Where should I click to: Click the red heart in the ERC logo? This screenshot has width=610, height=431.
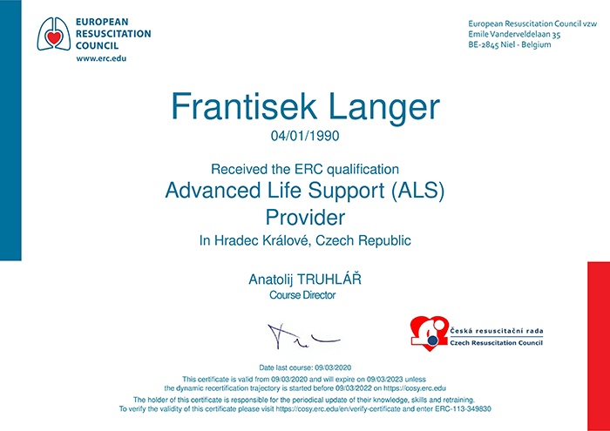[54, 37]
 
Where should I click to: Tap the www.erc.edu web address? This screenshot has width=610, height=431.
[101, 59]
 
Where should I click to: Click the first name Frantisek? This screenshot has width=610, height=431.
[243, 106]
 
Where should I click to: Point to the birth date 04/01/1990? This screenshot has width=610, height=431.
[305, 136]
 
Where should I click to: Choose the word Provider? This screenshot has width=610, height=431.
[305, 218]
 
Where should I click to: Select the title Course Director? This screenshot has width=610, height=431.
[302, 295]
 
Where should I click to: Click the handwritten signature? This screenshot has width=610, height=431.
[303, 335]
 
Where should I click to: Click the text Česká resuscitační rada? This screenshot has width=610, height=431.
[497, 332]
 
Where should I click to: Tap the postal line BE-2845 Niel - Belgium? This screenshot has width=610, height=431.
[510, 44]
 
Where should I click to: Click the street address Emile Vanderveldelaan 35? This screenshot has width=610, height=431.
[514, 34]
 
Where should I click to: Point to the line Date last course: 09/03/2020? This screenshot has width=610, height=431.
[305, 367]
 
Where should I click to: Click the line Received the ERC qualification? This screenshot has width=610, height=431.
[305, 170]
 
